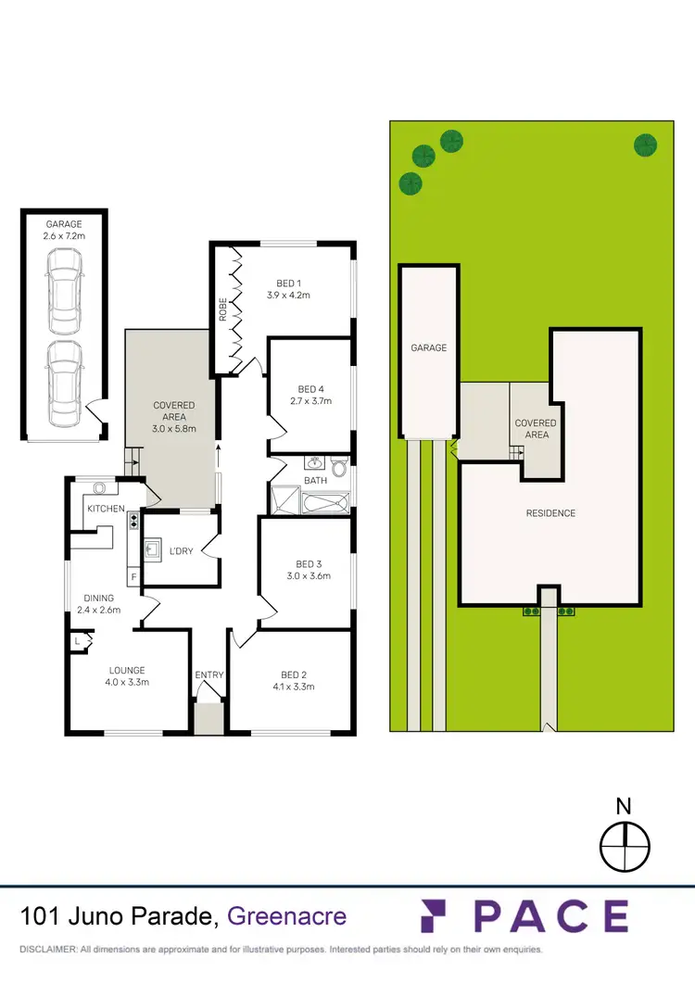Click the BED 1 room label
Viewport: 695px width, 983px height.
coord(287,284)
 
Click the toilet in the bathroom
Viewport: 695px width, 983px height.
coord(339,465)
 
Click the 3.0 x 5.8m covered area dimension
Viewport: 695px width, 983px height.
coord(174,430)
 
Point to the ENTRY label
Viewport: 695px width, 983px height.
coord(208,674)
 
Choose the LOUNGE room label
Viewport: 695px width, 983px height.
coord(127,670)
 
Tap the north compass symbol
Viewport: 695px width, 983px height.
coord(625,847)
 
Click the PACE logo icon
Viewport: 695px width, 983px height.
coord(440,916)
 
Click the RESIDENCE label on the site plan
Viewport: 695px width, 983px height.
coord(550,513)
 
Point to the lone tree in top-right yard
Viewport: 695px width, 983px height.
coord(645,145)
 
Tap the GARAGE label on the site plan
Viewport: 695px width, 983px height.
coord(429,348)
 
